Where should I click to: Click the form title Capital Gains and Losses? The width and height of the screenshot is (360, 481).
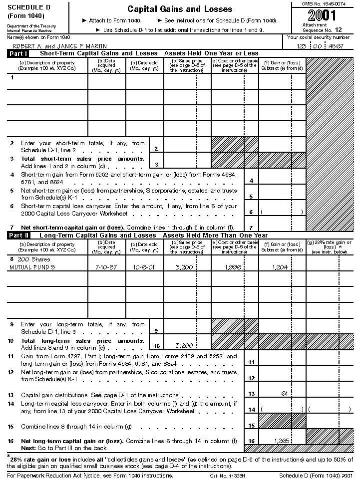point(180,9)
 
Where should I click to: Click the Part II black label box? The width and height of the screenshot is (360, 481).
point(18,235)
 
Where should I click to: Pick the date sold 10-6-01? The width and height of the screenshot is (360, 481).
point(144,267)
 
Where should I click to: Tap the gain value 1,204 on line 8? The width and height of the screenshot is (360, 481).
point(281,267)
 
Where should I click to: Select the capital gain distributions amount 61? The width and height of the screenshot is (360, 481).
point(284,394)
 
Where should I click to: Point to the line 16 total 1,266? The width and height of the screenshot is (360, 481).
point(282,441)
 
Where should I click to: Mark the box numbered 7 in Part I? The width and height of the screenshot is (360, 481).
point(251,228)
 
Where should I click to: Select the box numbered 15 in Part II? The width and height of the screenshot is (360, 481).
point(251,426)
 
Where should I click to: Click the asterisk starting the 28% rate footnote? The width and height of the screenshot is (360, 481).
point(8,456)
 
